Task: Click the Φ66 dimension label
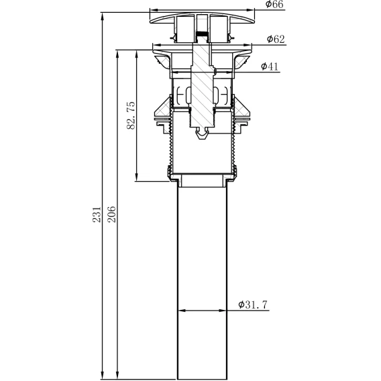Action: click(x=274, y=5)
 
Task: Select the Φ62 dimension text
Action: click(x=276, y=39)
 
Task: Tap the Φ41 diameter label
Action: click(x=270, y=66)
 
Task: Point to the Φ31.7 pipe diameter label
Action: click(x=253, y=305)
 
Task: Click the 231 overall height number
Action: click(x=97, y=215)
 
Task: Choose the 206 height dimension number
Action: click(x=111, y=215)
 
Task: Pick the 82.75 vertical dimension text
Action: click(x=131, y=115)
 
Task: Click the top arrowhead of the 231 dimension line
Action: click(x=103, y=17)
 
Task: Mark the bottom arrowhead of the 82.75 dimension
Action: click(x=137, y=177)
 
